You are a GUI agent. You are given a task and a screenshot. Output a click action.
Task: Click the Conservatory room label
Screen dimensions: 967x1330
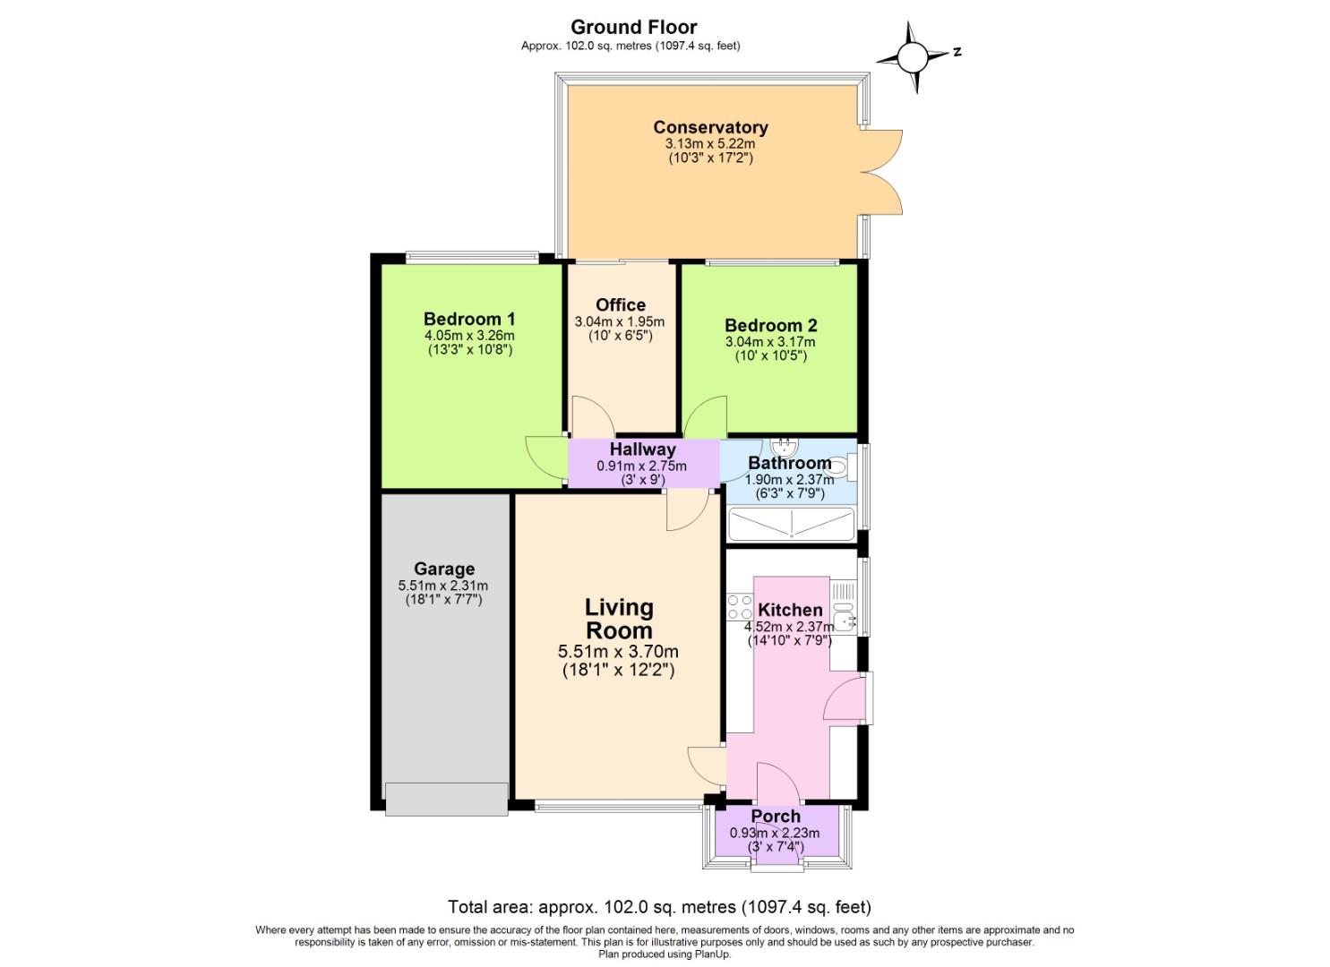click(x=709, y=127)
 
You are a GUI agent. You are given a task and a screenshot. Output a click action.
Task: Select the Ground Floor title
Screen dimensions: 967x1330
click(x=633, y=27)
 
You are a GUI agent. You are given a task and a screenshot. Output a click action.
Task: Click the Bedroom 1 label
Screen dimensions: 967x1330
click(x=468, y=319)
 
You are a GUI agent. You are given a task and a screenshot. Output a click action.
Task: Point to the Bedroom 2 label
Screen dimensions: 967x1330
click(x=770, y=325)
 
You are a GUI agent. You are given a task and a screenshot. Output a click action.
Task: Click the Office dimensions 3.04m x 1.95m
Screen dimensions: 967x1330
click(x=619, y=321)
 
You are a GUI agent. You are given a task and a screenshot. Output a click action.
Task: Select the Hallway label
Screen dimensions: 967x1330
click(x=642, y=449)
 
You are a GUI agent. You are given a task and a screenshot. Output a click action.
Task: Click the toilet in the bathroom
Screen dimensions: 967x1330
click(x=839, y=464)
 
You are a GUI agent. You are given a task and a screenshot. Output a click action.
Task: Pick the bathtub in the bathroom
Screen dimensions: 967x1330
click(x=791, y=525)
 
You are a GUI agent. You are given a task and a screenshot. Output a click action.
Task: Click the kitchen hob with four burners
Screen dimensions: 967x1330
click(x=740, y=607)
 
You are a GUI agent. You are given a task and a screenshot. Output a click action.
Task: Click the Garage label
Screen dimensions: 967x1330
click(x=443, y=569)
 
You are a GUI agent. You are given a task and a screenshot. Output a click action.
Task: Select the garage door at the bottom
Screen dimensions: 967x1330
click(x=443, y=799)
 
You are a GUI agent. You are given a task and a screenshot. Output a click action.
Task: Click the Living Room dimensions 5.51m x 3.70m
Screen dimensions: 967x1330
click(x=617, y=652)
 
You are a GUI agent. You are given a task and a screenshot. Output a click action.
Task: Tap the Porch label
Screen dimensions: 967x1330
click(x=775, y=816)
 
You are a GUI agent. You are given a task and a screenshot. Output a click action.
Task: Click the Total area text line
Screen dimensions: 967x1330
click(x=658, y=907)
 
